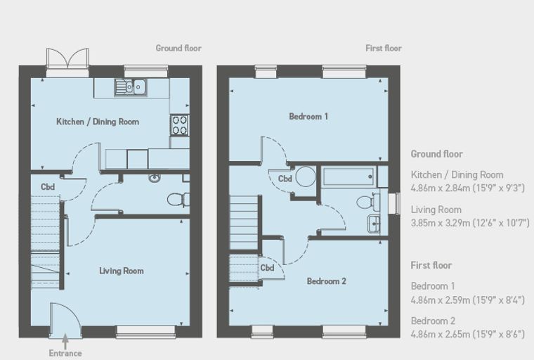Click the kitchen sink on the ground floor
(131, 87)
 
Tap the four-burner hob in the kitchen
(179, 125)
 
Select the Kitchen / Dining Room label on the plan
(98, 122)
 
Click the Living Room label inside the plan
(122, 271)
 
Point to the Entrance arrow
(65, 341)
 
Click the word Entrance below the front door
(65, 353)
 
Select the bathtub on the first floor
(349, 176)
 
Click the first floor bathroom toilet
(368, 202)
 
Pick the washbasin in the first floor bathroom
(374, 224)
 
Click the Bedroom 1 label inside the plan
(308, 117)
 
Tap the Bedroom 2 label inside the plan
(326, 281)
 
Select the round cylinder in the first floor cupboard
(306, 176)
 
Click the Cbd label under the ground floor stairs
(48, 187)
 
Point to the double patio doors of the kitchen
(67, 63)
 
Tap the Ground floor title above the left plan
(178, 49)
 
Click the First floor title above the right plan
(384, 49)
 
